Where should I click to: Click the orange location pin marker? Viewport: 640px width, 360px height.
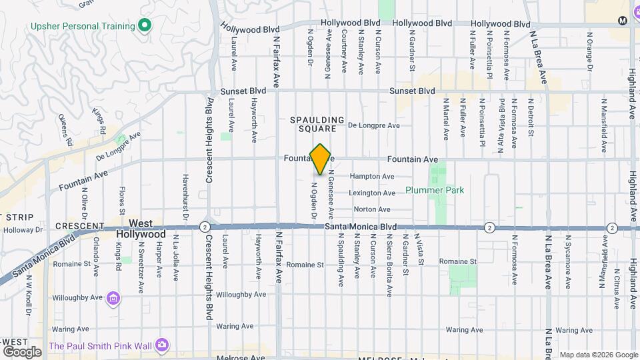click(x=321, y=159)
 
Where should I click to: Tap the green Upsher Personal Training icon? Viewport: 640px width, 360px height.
click(x=145, y=26)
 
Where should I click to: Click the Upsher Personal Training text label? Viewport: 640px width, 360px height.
click(x=81, y=27)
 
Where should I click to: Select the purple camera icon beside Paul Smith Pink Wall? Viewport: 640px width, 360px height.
click(x=162, y=345)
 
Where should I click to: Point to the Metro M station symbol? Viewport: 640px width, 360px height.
click(x=622, y=21)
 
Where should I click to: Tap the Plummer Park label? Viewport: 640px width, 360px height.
click(x=434, y=190)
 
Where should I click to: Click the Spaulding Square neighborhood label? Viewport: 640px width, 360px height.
click(x=317, y=124)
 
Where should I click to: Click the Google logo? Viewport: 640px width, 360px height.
click(x=22, y=351)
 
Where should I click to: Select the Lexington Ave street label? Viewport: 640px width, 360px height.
click(x=371, y=193)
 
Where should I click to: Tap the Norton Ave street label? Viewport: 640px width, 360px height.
click(x=376, y=209)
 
